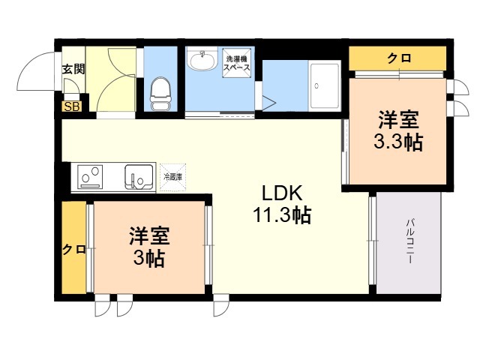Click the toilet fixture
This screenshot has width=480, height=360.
159,93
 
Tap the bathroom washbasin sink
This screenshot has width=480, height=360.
200,61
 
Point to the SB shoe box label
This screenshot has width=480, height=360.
72,106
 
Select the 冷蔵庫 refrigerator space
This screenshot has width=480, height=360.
174,177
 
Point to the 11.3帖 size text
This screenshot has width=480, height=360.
281,216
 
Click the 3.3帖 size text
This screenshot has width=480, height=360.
397,142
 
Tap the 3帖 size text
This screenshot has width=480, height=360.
149,259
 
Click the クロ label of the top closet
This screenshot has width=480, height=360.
398,58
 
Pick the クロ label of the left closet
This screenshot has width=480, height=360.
73,250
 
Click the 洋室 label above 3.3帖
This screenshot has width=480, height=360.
397,118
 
